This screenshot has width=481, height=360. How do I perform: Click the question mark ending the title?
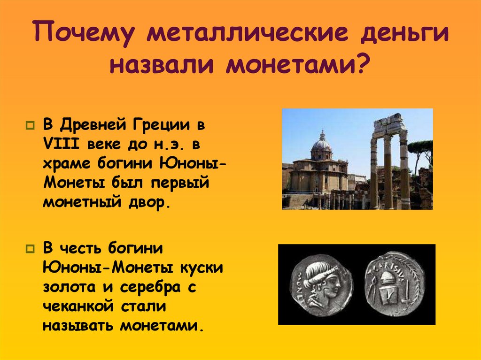point(361,65)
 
